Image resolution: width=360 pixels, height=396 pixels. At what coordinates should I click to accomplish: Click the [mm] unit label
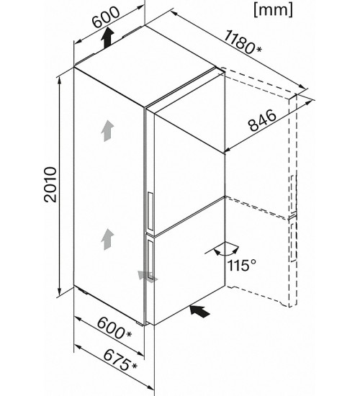coord(273,10)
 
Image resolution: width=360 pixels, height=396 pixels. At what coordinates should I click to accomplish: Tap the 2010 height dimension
coord(50,184)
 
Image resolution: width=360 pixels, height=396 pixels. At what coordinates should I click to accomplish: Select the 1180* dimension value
coord(242,42)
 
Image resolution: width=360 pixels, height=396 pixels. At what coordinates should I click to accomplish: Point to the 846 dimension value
coord(263,120)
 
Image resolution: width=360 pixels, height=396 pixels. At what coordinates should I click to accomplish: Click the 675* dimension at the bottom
coord(120,359)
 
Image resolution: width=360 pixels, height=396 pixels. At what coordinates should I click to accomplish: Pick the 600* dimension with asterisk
coord(114,328)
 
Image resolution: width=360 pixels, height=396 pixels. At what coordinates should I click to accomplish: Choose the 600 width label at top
coord(106,17)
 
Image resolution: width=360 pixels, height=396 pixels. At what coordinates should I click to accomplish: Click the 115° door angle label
coord(242,265)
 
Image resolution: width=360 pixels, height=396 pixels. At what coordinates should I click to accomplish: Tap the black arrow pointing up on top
coord(107,38)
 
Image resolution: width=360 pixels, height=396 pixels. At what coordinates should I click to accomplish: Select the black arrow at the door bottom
coord(200,310)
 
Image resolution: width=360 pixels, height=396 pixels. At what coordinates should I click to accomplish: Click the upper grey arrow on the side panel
coord(107,131)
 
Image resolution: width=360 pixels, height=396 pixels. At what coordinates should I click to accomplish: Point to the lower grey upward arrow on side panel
coord(107,240)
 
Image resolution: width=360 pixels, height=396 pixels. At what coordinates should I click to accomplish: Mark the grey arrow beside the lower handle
coord(148,276)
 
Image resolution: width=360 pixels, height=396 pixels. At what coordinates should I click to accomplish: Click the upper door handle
coord(150,211)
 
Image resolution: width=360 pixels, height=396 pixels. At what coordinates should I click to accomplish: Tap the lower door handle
coord(150,260)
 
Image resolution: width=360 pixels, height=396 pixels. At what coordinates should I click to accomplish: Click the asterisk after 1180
coord(258,50)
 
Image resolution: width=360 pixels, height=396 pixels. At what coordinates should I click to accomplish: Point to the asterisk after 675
coord(134,366)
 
